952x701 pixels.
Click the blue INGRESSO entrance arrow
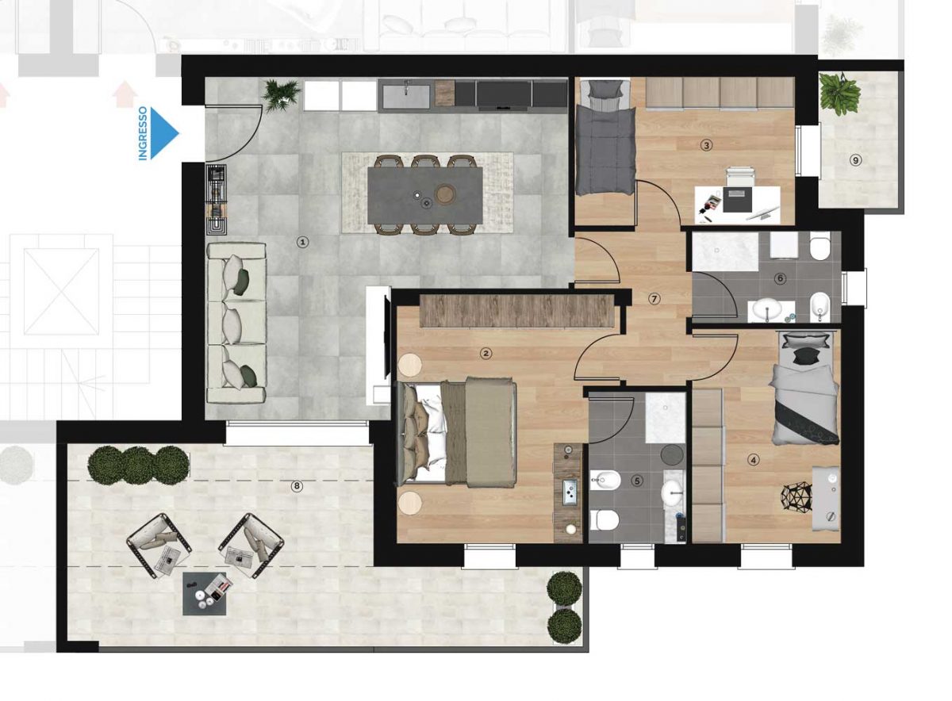164,133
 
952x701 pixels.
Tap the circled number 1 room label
302,242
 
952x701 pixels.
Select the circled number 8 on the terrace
297,486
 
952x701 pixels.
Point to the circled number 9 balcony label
855,160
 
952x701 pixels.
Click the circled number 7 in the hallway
654,299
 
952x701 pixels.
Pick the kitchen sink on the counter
406,96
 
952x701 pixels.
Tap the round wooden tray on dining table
445,194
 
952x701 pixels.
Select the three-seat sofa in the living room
236,323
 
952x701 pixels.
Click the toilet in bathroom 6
820,247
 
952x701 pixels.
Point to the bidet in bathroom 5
605,481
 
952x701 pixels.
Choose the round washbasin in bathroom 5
673,492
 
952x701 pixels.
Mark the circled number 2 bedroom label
486,353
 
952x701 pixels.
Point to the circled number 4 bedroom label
754,459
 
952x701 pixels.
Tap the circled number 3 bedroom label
706,145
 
